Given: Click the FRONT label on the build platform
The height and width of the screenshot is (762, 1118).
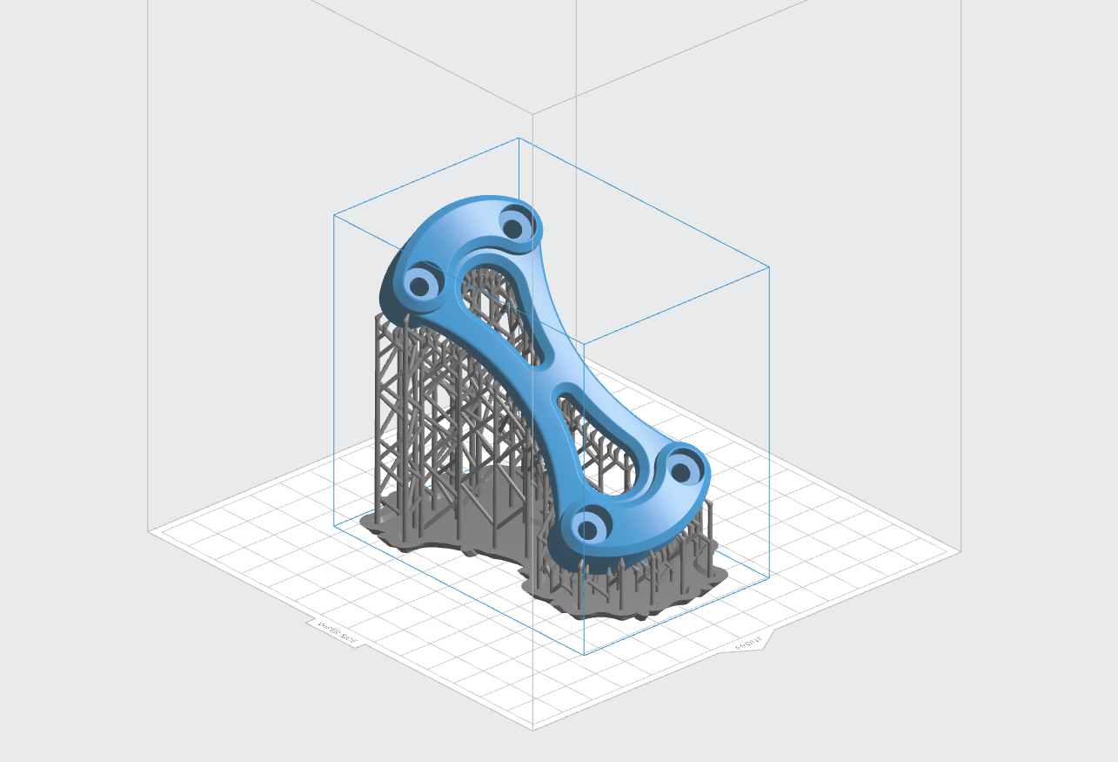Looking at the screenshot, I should pyautogui.click(x=748, y=644).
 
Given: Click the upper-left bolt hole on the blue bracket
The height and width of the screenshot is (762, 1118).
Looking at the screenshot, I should pyautogui.click(x=419, y=284).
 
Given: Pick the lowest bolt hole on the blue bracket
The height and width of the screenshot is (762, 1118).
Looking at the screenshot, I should pyautogui.click(x=588, y=528).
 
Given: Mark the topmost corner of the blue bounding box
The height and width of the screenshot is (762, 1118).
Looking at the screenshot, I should pyautogui.click(x=519, y=138).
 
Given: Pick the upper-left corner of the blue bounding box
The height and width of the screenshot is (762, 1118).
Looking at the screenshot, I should pyautogui.click(x=334, y=214).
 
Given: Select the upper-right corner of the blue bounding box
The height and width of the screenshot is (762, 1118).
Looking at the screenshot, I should pyautogui.click(x=769, y=266).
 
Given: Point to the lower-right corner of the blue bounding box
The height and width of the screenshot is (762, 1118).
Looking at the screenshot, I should pyautogui.click(x=769, y=578).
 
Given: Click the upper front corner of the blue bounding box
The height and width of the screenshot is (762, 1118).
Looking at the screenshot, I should pyautogui.click(x=584, y=342).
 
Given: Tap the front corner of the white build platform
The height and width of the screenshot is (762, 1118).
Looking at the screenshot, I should pyautogui.click(x=532, y=730).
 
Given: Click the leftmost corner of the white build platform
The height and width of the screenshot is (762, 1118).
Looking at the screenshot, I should pyautogui.click(x=149, y=530).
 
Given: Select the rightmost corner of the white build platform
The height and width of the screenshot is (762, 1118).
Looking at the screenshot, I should pyautogui.click(x=961, y=550).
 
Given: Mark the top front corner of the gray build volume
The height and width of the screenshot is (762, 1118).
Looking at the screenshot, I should pyautogui.click(x=532, y=113).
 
